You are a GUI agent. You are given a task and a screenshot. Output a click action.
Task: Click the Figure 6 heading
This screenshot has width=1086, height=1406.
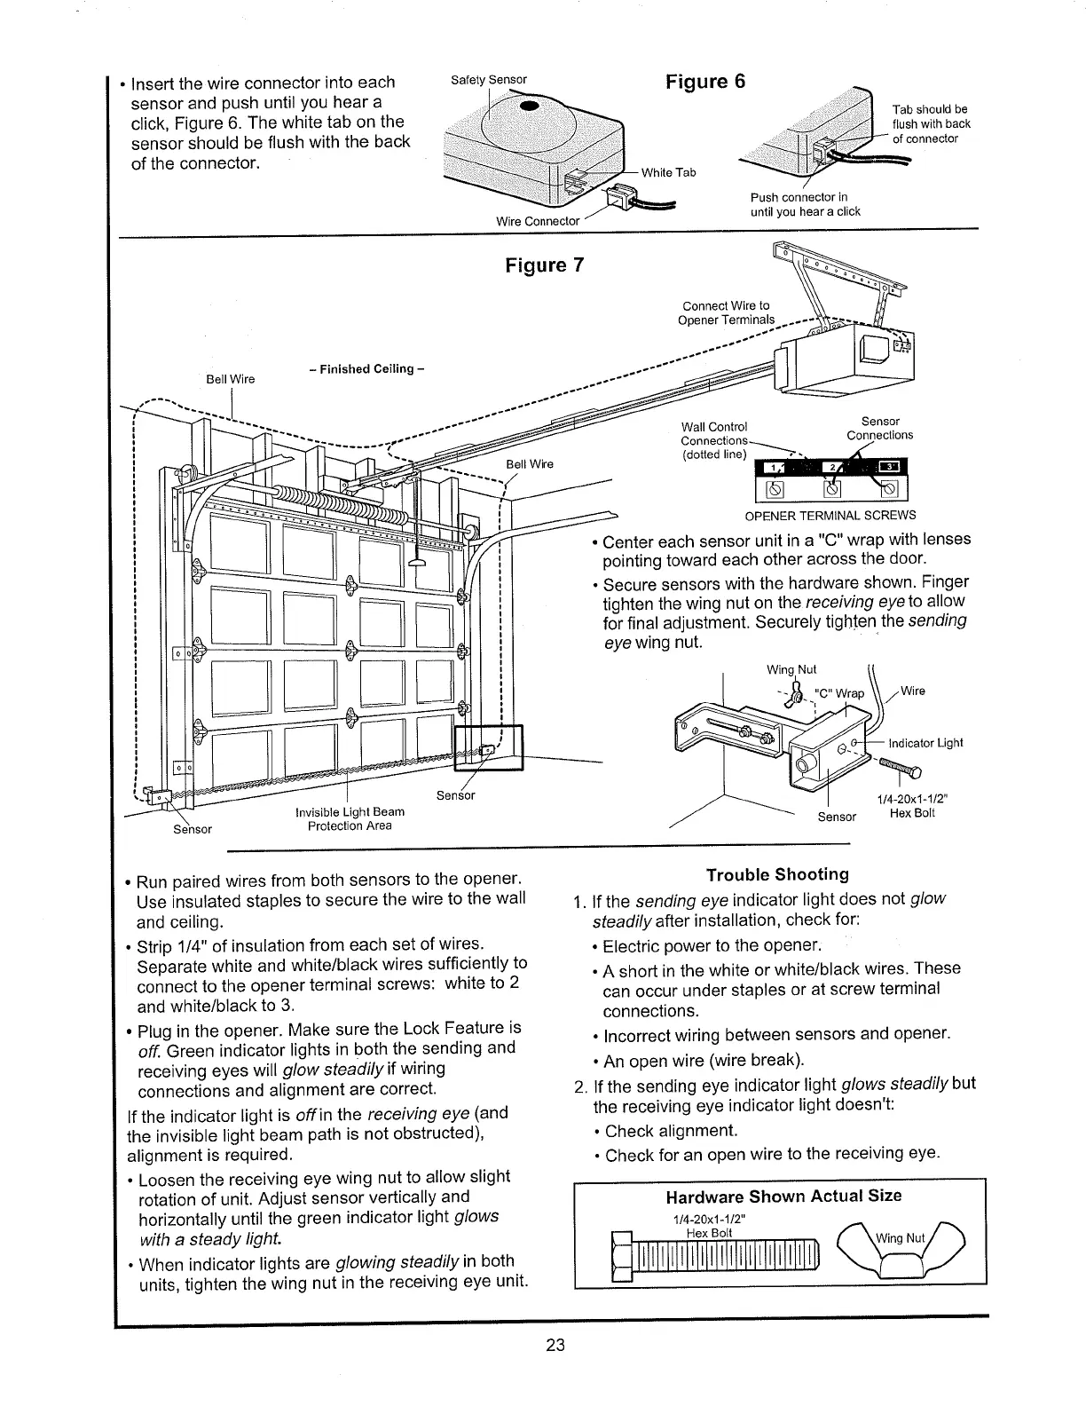705,82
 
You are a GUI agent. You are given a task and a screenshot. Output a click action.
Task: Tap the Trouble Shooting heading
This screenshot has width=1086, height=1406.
777,874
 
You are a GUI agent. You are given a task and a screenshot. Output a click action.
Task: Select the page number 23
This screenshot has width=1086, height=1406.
555,1343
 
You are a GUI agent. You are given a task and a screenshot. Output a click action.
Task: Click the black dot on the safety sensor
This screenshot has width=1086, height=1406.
529,107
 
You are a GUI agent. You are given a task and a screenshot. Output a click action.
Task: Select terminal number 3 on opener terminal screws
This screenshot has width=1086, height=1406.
889,468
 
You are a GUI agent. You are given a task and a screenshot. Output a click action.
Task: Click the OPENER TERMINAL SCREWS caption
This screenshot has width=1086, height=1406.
830,516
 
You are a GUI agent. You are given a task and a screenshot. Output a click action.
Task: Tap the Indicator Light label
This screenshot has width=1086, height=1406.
925,743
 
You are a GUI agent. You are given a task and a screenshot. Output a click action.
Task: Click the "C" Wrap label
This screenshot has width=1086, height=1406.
838,693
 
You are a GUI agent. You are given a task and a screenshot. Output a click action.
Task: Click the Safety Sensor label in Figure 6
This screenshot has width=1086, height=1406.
489,80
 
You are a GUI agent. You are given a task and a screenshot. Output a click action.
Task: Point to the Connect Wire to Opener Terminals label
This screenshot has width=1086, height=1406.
726,312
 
